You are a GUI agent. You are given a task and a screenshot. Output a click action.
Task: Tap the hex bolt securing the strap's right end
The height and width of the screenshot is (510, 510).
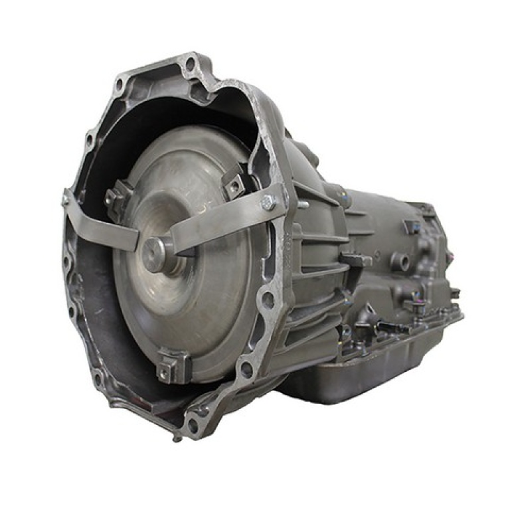[269, 203]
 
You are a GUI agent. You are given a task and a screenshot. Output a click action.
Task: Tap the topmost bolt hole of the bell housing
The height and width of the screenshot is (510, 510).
[191, 64]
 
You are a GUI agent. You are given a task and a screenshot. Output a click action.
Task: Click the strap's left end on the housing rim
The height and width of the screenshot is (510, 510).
[66, 198]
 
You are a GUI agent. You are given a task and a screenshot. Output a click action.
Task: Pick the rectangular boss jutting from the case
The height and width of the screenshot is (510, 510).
[356, 260]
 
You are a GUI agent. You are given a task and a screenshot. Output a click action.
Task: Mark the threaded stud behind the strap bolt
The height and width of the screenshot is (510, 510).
[302, 205]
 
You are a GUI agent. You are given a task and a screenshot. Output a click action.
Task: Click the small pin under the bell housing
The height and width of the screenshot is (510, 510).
[174, 438]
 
